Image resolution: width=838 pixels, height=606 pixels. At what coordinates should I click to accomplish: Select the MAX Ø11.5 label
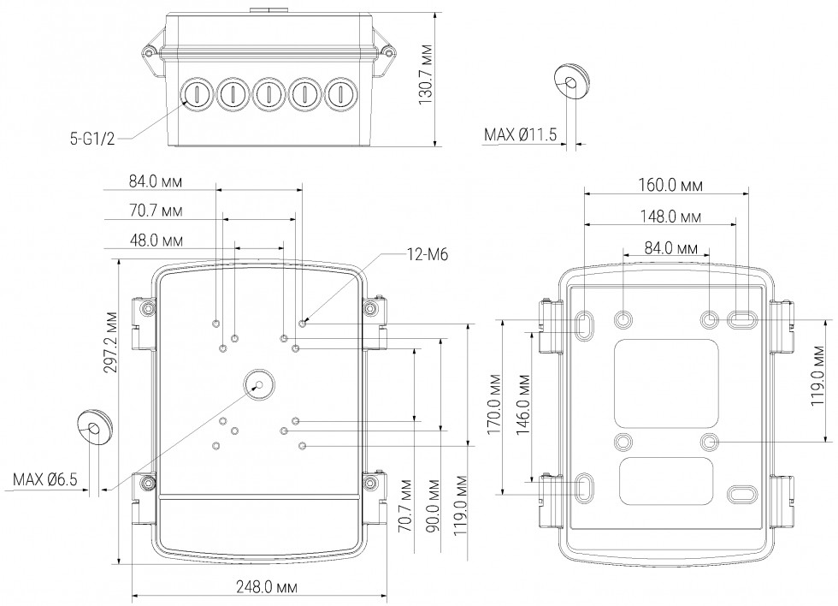click(521, 134)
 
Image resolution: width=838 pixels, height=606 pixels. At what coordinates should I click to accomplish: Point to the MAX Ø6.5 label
click(45, 479)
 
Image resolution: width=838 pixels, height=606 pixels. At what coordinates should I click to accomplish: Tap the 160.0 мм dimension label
click(670, 184)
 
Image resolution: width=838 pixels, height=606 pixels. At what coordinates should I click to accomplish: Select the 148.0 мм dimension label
click(670, 217)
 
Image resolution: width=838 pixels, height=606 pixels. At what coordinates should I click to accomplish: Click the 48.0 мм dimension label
click(156, 241)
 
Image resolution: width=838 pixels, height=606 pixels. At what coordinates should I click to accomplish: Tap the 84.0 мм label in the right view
click(670, 248)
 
